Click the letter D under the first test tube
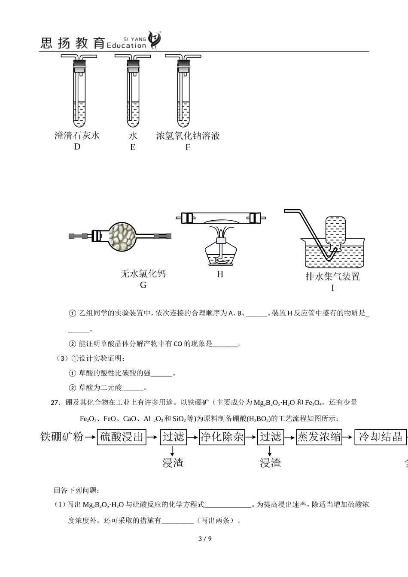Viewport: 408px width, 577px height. click(77, 147)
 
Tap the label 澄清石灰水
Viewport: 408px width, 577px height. click(77, 136)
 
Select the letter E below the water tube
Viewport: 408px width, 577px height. click(133, 147)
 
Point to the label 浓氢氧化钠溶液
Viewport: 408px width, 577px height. click(188, 136)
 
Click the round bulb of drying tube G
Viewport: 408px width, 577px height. click(122, 236)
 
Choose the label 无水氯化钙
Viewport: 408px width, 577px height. click(143, 273)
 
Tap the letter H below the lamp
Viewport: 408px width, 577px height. click(220, 274)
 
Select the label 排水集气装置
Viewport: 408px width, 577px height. click(332, 276)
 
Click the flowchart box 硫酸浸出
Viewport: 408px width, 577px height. click(122, 437)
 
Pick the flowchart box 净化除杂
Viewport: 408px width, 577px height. click(222, 437)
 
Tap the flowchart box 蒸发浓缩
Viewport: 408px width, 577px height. click(320, 437)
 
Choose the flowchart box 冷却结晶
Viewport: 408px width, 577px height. click(380, 437)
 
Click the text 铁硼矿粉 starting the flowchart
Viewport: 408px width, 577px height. click(62, 437)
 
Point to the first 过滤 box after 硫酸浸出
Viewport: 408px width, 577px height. click(173, 437)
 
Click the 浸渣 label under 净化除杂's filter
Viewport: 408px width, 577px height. click(271, 462)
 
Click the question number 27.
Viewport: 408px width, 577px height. click(55, 403)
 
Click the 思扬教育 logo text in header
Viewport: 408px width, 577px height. click(73, 43)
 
